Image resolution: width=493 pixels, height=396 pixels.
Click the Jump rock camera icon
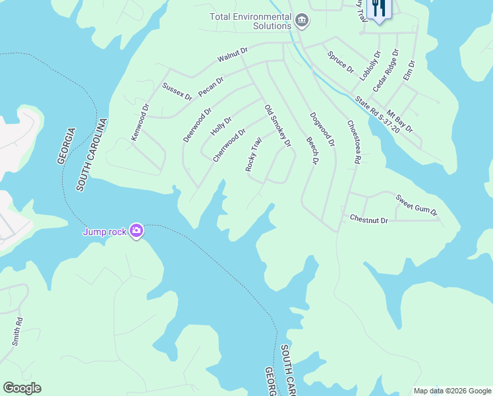136,230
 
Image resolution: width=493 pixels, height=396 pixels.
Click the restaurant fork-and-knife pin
379,9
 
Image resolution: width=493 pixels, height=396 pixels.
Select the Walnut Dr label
233,55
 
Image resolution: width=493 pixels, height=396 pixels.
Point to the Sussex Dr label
177,92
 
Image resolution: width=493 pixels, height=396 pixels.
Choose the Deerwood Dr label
197,125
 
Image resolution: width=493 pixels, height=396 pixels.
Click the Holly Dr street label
221,129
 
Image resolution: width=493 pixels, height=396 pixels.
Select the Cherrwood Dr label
229,145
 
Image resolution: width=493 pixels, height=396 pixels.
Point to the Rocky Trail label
254,154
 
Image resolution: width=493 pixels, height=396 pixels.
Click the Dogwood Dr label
322,129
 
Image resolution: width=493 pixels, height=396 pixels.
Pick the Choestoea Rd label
354,141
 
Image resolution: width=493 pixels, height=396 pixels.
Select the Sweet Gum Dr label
417,205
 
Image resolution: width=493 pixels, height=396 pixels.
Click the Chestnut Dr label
368,218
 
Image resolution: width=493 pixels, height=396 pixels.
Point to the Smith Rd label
18,332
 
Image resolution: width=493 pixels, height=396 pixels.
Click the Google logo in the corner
22,387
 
